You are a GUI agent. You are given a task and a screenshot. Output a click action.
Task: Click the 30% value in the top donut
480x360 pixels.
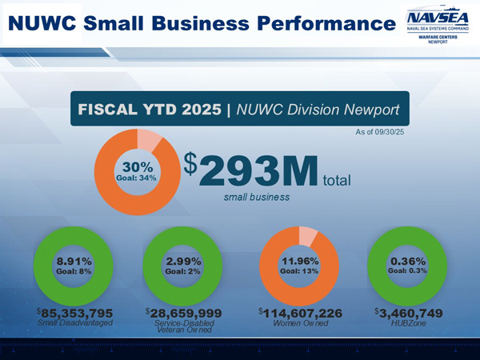[132, 166]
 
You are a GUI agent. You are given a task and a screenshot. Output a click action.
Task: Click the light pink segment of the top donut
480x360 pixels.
[149, 142]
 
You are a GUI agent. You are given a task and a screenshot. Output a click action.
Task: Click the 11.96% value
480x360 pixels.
[298, 261]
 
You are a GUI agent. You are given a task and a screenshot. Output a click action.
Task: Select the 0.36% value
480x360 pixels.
[407, 261]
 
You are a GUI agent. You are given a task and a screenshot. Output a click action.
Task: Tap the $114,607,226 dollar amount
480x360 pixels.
[301, 312]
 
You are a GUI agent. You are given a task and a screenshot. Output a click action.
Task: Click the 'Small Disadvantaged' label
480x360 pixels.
[75, 322]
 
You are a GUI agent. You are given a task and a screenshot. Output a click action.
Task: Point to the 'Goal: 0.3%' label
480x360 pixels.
[407, 271]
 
